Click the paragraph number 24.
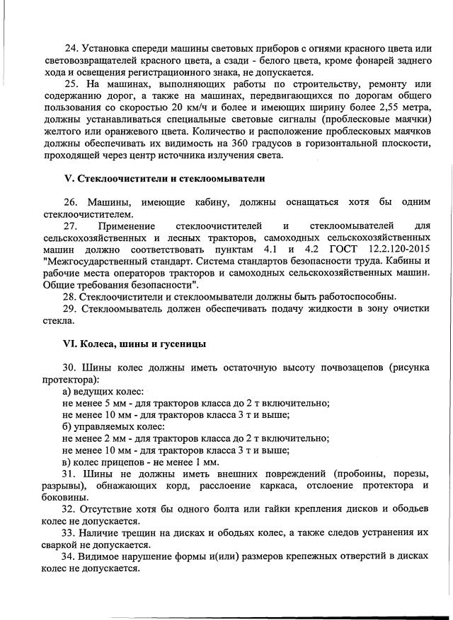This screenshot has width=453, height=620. tap(71, 48)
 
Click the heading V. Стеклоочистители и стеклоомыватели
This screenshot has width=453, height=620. tap(165, 177)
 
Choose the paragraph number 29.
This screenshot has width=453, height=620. tap(71, 309)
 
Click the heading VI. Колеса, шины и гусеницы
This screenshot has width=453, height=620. tap(134, 344)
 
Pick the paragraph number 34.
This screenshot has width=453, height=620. tap(71, 556)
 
